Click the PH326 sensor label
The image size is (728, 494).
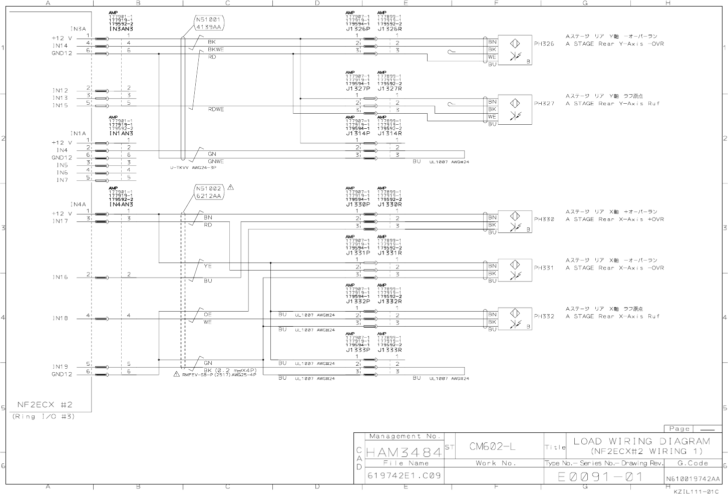point(544,44)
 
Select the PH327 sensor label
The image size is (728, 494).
point(544,104)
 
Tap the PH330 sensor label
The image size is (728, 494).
point(544,219)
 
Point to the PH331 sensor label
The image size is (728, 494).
point(544,268)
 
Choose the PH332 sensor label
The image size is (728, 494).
point(544,317)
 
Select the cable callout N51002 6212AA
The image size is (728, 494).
point(209,192)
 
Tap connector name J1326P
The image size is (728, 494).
point(357,29)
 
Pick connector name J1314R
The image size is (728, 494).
point(390,134)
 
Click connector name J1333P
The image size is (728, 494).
point(357,350)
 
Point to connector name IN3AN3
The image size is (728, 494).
point(121,29)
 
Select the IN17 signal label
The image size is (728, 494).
point(60,221)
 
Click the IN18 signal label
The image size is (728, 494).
point(60,318)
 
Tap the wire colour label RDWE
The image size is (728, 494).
point(216,109)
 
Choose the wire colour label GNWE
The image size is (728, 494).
point(216,161)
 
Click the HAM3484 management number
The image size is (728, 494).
point(404,452)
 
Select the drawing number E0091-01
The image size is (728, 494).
point(601,477)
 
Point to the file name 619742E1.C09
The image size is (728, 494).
point(404,475)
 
